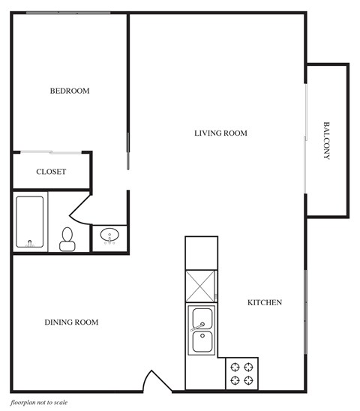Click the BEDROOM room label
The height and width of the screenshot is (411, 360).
pyautogui.click(x=69, y=91)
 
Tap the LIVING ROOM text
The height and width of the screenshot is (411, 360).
pyautogui.click(x=220, y=133)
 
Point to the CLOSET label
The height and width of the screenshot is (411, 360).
pyautogui.click(x=51, y=172)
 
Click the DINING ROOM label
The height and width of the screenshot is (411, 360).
pyautogui.click(x=71, y=322)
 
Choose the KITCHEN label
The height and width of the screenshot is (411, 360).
pyautogui.click(x=265, y=303)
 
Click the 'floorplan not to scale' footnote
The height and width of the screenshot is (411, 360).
pyautogui.click(x=44, y=403)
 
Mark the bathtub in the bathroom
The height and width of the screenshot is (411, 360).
pyautogui.click(x=30, y=222)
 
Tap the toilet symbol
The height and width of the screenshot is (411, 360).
pyautogui.click(x=67, y=238)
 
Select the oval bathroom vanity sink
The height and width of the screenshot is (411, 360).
pyautogui.click(x=110, y=237)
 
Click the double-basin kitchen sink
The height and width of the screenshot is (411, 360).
pyautogui.click(x=201, y=331)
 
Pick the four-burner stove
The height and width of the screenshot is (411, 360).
pyautogui.click(x=242, y=373)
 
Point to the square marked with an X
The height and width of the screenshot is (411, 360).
pyautogui.click(x=201, y=286)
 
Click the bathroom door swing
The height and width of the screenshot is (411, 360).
pyautogui.click(x=81, y=208)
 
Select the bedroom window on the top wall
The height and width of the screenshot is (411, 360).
pyautogui.click(x=68, y=13)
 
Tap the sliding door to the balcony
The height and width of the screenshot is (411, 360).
pyautogui.click(x=305, y=139)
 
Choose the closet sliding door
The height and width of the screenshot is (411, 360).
pyautogui.click(x=51, y=153)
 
